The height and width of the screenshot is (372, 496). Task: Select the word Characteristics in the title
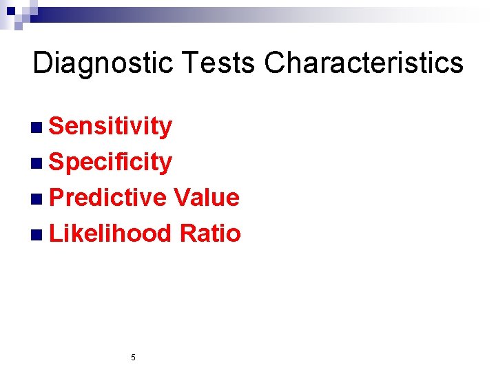(364, 63)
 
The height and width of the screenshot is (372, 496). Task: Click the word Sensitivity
(111, 127)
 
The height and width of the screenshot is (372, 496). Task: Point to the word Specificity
(111, 163)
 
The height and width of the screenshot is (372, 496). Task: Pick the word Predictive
(108, 198)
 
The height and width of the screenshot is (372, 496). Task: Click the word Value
(207, 198)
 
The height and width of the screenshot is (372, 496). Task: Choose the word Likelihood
(110, 234)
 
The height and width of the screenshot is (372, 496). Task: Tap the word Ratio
(210, 234)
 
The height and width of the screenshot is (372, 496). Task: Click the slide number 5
(133, 358)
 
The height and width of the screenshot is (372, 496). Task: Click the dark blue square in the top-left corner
(10, 10)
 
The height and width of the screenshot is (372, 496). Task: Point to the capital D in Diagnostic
(42, 63)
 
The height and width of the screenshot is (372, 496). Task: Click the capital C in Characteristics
(276, 63)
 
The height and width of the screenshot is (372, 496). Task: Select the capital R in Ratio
(188, 234)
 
